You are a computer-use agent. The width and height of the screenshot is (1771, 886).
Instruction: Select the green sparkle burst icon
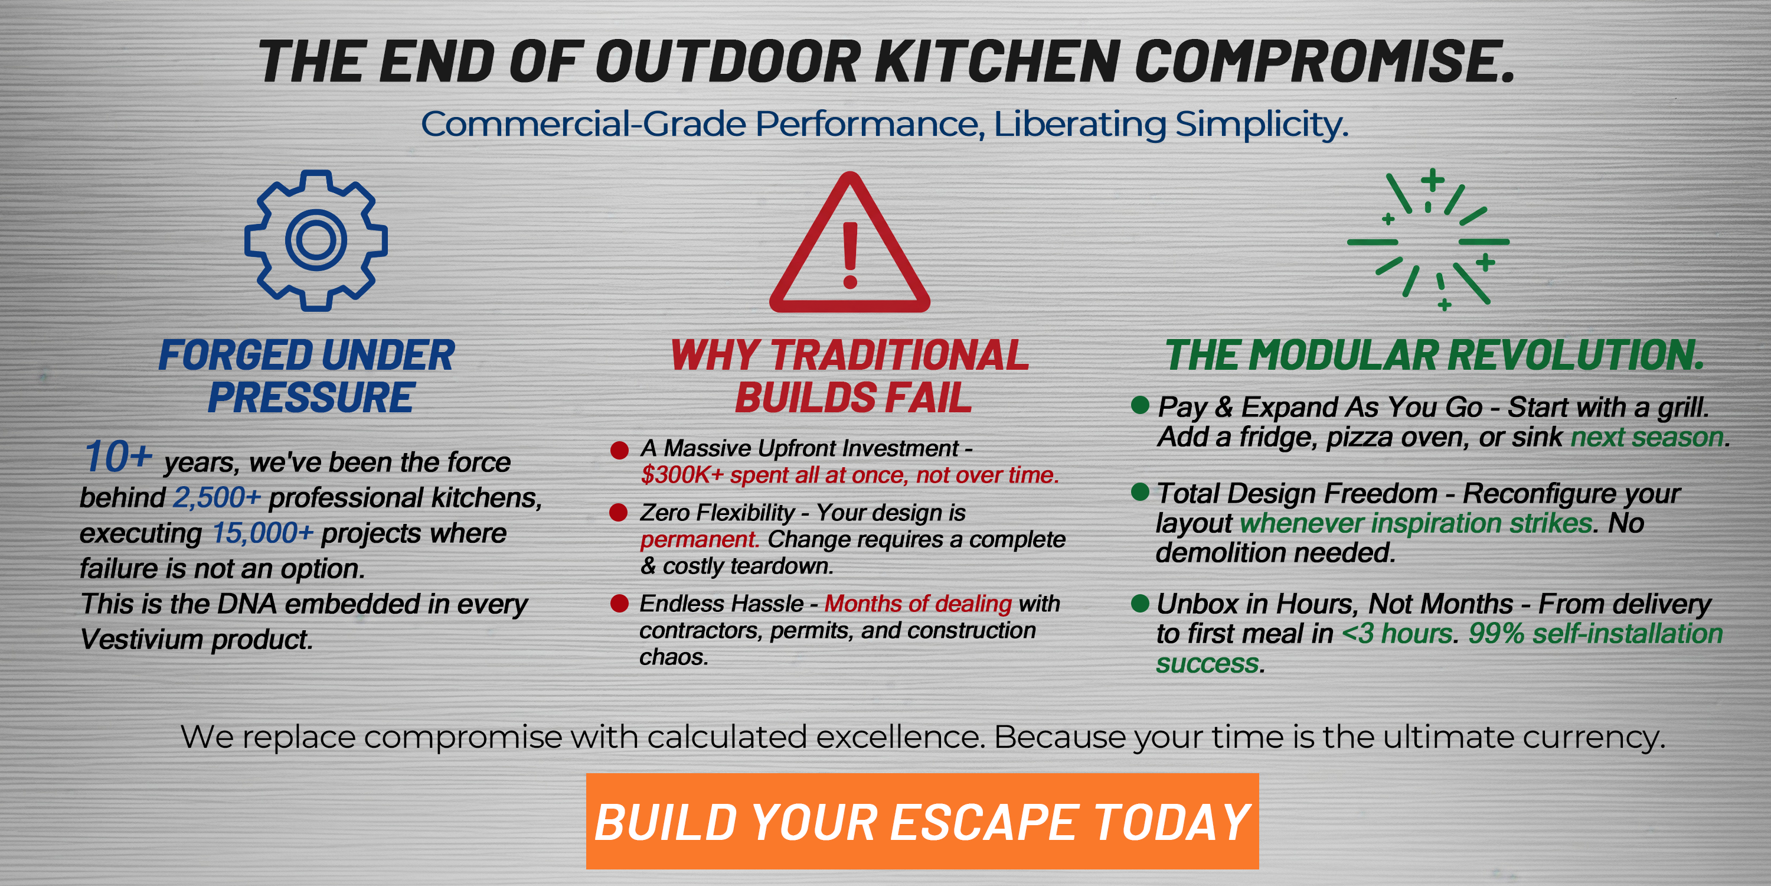point(1429,240)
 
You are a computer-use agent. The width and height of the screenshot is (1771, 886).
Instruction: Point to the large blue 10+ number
point(117,457)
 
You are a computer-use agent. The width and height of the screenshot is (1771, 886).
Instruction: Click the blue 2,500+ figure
point(217,497)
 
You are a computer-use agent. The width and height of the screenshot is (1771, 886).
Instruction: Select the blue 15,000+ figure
point(262,533)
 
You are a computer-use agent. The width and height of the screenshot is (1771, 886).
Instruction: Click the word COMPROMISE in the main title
point(1324,61)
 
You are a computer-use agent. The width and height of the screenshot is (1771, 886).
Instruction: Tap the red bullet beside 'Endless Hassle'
point(619,603)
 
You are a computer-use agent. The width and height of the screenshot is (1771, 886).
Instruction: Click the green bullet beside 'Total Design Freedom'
point(1140,492)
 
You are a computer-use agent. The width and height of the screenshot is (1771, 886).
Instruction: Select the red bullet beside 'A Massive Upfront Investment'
point(619,451)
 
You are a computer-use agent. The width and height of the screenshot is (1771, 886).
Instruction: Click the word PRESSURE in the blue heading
point(311,398)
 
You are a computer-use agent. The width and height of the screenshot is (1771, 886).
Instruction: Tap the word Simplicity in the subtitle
point(1261,125)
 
